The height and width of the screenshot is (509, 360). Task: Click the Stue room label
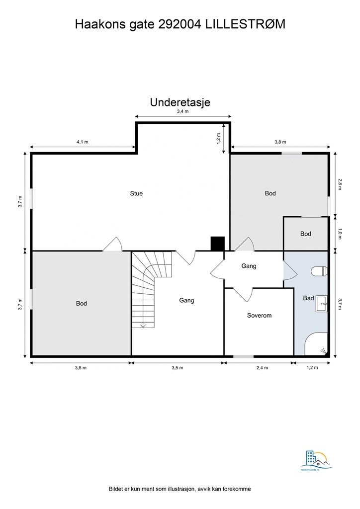pos(136,193)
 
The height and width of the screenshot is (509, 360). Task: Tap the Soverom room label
pos(259,315)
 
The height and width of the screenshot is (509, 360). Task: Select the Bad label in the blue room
pos(308,298)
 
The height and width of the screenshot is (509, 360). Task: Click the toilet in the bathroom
pos(320,271)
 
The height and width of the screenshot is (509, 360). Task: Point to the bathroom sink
pos(320,303)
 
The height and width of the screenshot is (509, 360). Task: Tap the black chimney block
pos(218,244)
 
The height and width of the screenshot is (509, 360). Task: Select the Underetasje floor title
pos(180,102)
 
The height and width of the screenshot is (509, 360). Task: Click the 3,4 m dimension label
pos(182,112)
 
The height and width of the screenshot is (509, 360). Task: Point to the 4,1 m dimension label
pos(82,142)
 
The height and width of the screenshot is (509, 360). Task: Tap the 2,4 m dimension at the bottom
pos(262,368)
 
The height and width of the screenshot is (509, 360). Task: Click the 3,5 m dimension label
pos(178,368)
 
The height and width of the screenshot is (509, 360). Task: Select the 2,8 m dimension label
pos(340,184)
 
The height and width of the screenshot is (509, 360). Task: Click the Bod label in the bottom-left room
pos(82,303)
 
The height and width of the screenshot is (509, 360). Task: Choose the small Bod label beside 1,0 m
pos(305,234)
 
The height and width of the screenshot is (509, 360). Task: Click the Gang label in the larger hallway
pos(186,300)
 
